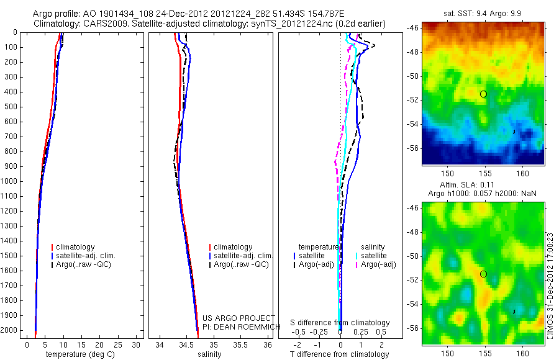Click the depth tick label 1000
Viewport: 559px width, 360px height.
(11, 181)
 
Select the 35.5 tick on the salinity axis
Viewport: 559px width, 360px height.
(240, 344)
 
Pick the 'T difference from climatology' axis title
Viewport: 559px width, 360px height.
(339, 354)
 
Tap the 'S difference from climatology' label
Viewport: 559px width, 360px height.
(340, 323)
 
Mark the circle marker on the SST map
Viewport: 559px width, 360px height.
(483, 94)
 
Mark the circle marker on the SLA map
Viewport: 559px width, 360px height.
(483, 274)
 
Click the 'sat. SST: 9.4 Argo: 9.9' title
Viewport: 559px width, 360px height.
(483, 12)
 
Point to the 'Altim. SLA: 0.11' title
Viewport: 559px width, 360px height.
(483, 185)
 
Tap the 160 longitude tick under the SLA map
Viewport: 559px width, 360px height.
(522, 354)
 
